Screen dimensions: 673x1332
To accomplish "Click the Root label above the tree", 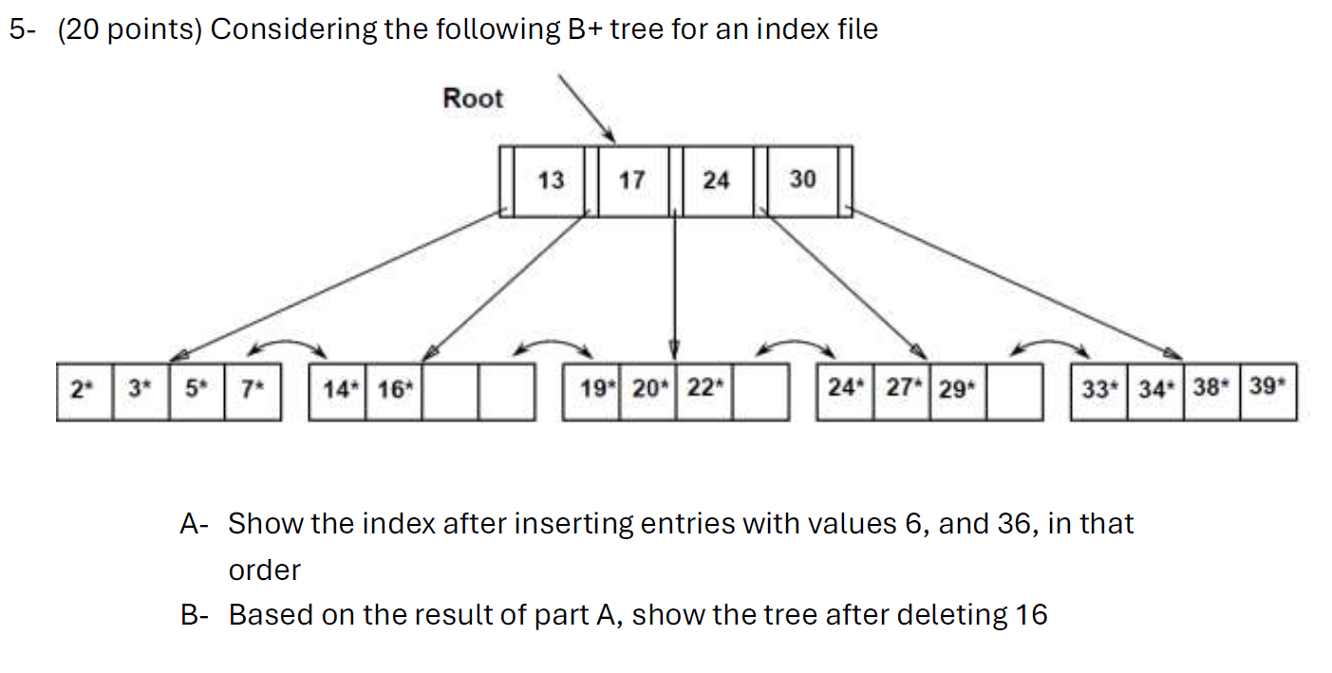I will pos(473,98).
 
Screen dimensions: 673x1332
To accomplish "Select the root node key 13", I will pos(551,179).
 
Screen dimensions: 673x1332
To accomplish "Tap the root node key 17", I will pos(631,179).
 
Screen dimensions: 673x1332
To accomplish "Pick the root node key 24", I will pos(716,179).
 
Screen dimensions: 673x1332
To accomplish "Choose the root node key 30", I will pos(801,179).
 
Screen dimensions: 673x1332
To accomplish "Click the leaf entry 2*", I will pos(84,389).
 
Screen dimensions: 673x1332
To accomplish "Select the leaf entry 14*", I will pos(337,389).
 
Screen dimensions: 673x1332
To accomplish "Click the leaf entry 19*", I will pos(591,389).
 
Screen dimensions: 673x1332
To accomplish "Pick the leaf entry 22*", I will pos(704,389).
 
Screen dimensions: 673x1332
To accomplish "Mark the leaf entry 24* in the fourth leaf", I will pos(844,389).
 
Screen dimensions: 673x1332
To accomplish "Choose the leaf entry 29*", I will pos(957,389).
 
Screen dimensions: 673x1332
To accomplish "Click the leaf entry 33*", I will pos(1098,389).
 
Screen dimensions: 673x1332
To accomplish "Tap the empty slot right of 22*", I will pos(760,389).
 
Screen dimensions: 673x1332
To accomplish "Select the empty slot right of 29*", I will pos(1014,389).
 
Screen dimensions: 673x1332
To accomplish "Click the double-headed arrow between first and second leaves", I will pos(295,346).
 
